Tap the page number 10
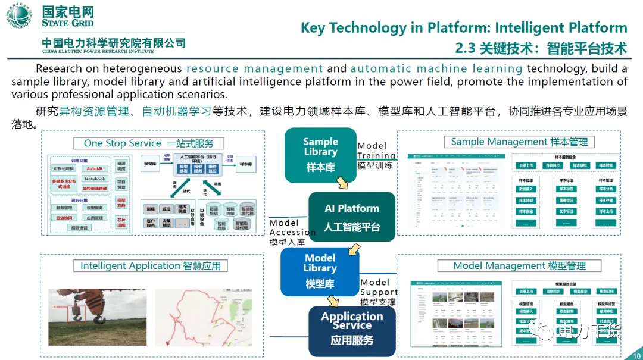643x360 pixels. [635, 355]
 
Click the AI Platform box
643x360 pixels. [351, 217]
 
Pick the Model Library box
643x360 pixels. [320, 271]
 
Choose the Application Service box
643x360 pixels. [352, 330]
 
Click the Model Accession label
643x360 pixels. [292, 232]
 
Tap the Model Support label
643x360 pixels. [378, 292]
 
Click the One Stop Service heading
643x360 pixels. [149, 143]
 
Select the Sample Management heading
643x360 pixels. [519, 142]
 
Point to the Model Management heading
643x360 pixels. [519, 266]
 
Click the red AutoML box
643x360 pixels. [95, 168]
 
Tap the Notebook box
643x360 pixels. [95, 179]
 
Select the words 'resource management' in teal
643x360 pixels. [255, 68]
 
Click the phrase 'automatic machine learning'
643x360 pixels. [436, 68]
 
